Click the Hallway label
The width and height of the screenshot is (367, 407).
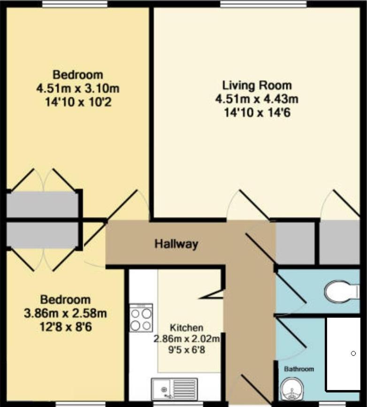pos(176,244)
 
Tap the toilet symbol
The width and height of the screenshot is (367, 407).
pos(342,292)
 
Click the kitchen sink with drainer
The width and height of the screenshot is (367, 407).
pos(175,389)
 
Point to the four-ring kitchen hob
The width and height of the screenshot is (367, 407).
pos(141,318)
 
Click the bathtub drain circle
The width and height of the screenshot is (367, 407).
pos(353,353)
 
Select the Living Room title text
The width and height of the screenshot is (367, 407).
pos(257,86)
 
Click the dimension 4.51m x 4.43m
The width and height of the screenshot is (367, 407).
pos(257,99)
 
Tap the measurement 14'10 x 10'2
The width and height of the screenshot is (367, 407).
pos(78,102)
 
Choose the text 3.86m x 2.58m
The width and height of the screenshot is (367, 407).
pos(65,313)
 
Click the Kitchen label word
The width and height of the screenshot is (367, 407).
pos(186,328)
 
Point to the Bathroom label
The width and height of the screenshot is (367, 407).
pos(299,369)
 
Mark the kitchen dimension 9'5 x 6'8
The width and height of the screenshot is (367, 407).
pos(187,350)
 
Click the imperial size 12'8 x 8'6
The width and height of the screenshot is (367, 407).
pos(66,327)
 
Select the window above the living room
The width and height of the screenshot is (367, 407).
pos(263,4)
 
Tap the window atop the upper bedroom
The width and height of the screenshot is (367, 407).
pos(75,4)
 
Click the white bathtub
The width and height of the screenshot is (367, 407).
pos(343,354)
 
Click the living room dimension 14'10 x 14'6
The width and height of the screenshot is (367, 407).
pos(257,113)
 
